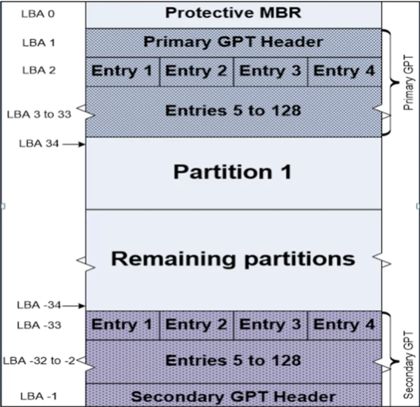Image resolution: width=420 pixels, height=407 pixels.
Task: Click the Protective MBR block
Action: pyautogui.click(x=233, y=15)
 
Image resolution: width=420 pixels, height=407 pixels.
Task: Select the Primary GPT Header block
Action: pyautogui.click(x=233, y=43)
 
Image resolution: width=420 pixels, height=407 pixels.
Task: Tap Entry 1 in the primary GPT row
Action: pyautogui.click(x=123, y=72)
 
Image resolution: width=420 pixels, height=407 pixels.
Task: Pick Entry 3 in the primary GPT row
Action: pyautogui.click(x=270, y=72)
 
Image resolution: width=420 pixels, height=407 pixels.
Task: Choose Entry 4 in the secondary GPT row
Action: pyautogui.click(x=345, y=325)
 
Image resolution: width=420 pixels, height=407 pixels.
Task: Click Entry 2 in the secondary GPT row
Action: pyautogui.click(x=196, y=325)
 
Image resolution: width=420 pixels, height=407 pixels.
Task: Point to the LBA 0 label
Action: pyautogui.click(x=38, y=14)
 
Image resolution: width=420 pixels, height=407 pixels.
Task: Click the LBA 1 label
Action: pyautogui.click(x=39, y=43)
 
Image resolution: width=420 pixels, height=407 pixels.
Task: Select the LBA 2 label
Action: pyautogui.click(x=39, y=70)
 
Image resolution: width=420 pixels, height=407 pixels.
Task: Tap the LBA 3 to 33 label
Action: pyautogui.click(x=39, y=114)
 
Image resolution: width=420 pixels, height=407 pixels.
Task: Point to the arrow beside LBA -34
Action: pyautogui.click(x=73, y=306)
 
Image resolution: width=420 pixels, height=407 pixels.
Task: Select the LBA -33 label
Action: pyautogui.click(x=39, y=325)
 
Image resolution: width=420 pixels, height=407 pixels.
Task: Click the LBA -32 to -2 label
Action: pyautogui.click(x=39, y=361)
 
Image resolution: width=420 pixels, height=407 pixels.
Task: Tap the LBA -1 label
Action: pyautogui.click(x=39, y=396)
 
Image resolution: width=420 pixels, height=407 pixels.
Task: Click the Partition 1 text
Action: pyautogui.click(x=233, y=172)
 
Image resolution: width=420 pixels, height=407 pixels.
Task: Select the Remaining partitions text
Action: pyautogui.click(x=233, y=260)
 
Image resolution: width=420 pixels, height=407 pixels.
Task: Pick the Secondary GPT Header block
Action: pyautogui.click(x=233, y=395)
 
